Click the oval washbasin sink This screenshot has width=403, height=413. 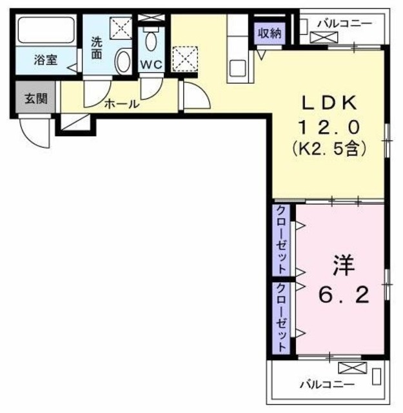[x=122, y=63]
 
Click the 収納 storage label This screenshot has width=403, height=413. [x=268, y=32]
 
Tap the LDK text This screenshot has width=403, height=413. [x=329, y=104]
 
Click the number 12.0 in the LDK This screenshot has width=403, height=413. [x=329, y=127]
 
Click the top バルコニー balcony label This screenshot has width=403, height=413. [x=344, y=24]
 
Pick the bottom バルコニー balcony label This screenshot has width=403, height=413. [x=326, y=385]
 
